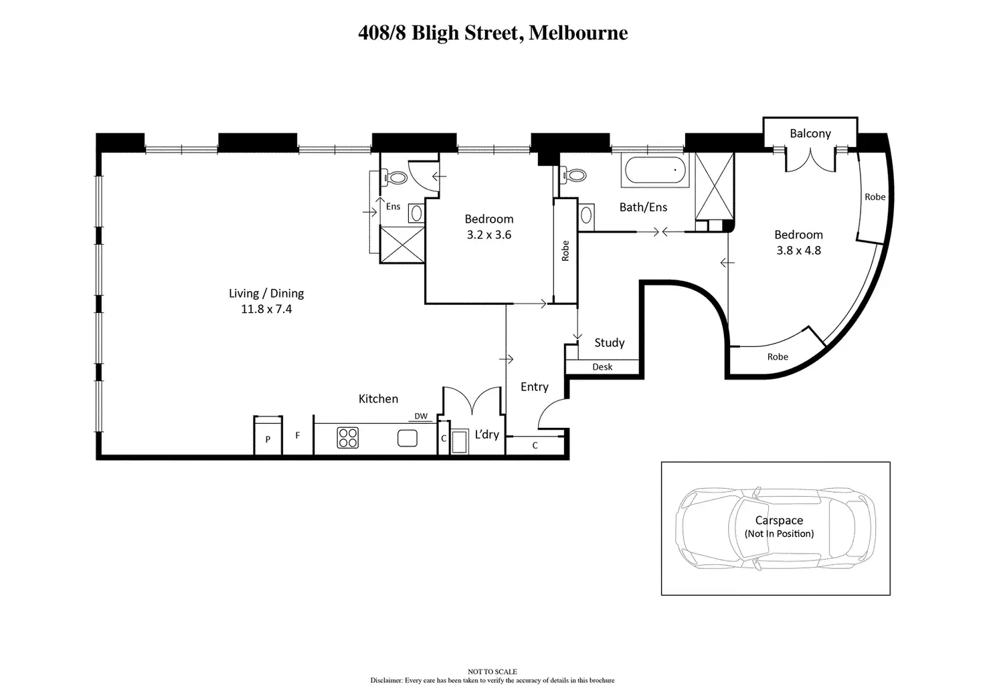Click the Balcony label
tap(810, 134)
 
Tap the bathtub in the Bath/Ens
tap(654, 170)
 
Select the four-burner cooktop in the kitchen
tap(348, 438)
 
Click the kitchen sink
tap(408, 438)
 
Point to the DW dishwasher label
tap(421, 416)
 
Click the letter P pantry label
tap(268, 439)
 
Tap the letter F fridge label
tap(298, 435)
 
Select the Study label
tap(610, 343)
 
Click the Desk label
tap(602, 367)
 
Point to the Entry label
tap(534, 387)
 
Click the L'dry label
tap(486, 435)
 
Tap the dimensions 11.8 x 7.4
tap(266, 310)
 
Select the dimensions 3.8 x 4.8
tap(798, 251)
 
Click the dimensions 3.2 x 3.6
tap(489, 235)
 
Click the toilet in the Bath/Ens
tap(573, 175)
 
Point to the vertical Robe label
tap(565, 251)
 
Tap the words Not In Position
tap(779, 534)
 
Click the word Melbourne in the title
tap(578, 33)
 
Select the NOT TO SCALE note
tap(493, 671)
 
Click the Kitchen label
tap(378, 399)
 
